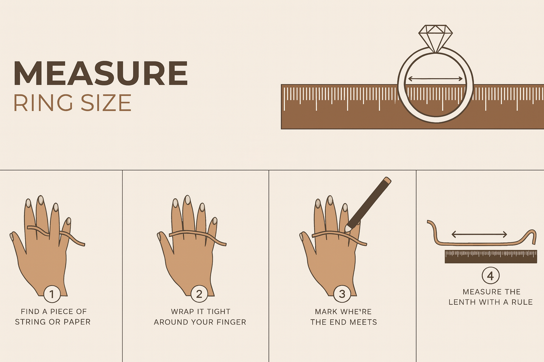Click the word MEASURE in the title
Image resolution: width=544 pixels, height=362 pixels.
point(101,73)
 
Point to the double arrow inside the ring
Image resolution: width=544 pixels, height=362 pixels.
point(435,78)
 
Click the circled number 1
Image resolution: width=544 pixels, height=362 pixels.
point(52,294)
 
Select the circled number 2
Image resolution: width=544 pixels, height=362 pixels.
point(199,294)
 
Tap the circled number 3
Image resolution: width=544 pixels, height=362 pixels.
point(342,294)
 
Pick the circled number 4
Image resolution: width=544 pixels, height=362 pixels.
point(491,275)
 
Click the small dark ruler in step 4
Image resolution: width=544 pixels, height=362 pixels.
point(491,257)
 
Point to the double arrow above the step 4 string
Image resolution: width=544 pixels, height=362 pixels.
point(479,234)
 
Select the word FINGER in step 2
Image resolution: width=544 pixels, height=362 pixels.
point(231,322)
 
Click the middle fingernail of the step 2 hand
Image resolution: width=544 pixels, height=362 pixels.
point(187,199)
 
